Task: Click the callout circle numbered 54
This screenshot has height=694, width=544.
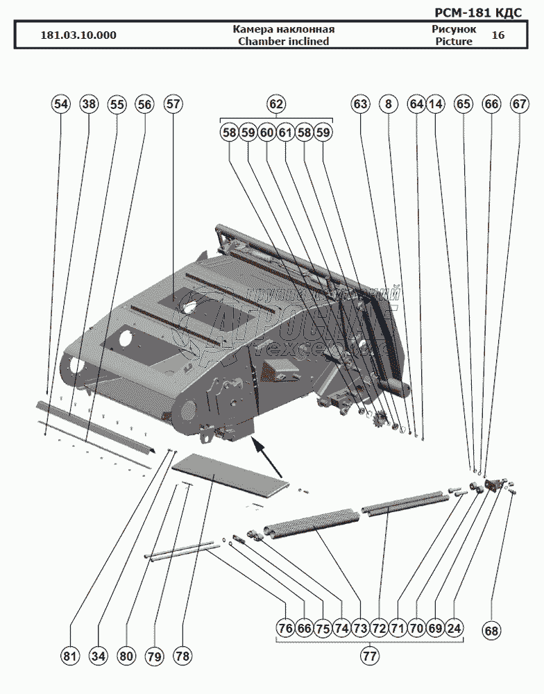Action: pos(61,104)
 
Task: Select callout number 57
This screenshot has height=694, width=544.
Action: pos(173,104)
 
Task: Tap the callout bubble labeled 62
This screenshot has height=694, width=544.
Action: pos(276,104)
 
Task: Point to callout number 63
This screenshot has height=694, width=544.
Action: pos(360,104)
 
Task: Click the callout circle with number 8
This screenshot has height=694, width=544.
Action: pos(389,104)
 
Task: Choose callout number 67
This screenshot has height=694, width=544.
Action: pos(520,104)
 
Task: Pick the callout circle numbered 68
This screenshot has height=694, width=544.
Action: pos(491,631)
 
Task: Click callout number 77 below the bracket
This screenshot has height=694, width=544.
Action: pos(370,655)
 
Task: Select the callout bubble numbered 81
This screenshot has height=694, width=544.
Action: pos(69,655)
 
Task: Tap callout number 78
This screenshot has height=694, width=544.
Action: pos(182,655)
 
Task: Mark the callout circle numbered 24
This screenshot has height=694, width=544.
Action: pos(454,628)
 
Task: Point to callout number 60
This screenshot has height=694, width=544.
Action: pos(267,132)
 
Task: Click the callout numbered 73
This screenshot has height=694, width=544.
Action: pos(359,628)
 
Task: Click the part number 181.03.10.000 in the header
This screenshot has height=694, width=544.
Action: pos(78,35)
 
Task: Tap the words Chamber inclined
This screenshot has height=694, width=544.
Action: pos(284,41)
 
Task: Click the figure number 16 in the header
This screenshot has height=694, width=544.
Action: pos(498,35)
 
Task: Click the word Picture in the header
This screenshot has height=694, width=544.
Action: pos(454,41)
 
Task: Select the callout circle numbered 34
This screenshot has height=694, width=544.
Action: pos(98,655)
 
